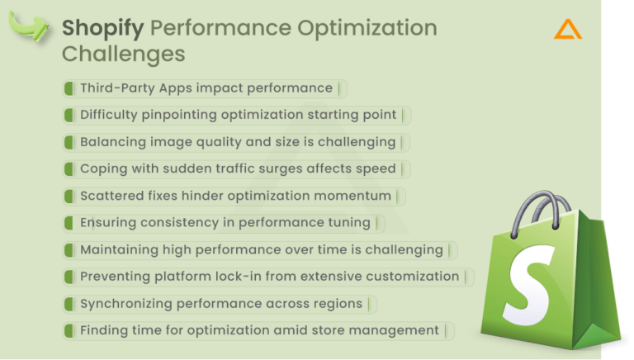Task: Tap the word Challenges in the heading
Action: point(123,54)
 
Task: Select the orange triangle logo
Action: point(568,30)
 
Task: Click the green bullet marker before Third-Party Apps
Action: point(69,88)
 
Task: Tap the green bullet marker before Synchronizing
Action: point(69,303)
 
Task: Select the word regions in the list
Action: point(337,303)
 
